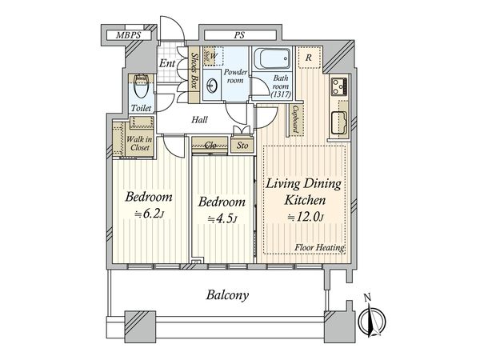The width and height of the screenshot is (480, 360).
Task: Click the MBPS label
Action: click(x=128, y=35)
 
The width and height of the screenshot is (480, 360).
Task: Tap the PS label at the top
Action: click(x=240, y=35)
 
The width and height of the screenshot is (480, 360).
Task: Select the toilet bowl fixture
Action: click(x=141, y=86)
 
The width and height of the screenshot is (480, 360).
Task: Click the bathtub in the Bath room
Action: click(x=271, y=58)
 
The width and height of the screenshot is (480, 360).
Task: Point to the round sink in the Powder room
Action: click(x=211, y=86)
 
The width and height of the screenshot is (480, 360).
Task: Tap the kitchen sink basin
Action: click(x=338, y=122)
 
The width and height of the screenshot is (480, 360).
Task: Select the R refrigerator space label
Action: click(x=309, y=58)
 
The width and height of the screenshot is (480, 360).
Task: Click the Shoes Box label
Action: click(x=194, y=70)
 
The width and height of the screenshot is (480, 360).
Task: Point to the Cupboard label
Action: click(x=295, y=120)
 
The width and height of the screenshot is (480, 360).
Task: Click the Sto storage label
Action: click(x=242, y=146)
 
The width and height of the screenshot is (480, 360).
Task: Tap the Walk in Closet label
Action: click(x=139, y=143)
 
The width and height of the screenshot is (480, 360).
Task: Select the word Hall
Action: click(x=199, y=120)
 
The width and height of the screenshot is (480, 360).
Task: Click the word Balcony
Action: click(x=227, y=295)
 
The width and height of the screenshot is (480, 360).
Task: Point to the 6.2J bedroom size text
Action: click(x=150, y=214)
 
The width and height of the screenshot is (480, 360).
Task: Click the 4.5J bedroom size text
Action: click(x=222, y=219)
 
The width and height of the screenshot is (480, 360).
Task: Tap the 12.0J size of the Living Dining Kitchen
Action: click(x=306, y=218)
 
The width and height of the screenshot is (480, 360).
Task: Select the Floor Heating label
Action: click(x=319, y=248)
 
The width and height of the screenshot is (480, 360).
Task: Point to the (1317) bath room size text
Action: click(x=281, y=94)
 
